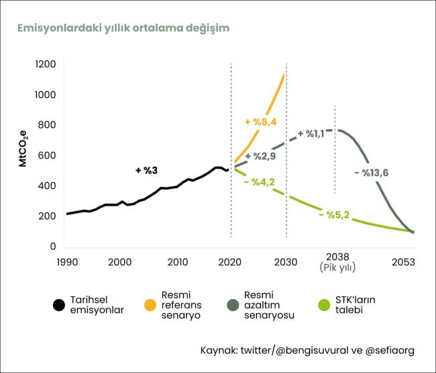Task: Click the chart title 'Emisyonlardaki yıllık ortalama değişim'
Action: coord(123,28)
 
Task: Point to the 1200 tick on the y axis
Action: coord(46,65)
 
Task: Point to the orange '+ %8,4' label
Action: coord(261,122)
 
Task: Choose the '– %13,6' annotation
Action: coord(371,173)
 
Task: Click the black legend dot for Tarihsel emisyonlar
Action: coord(59,305)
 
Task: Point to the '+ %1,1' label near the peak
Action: coord(311,134)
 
